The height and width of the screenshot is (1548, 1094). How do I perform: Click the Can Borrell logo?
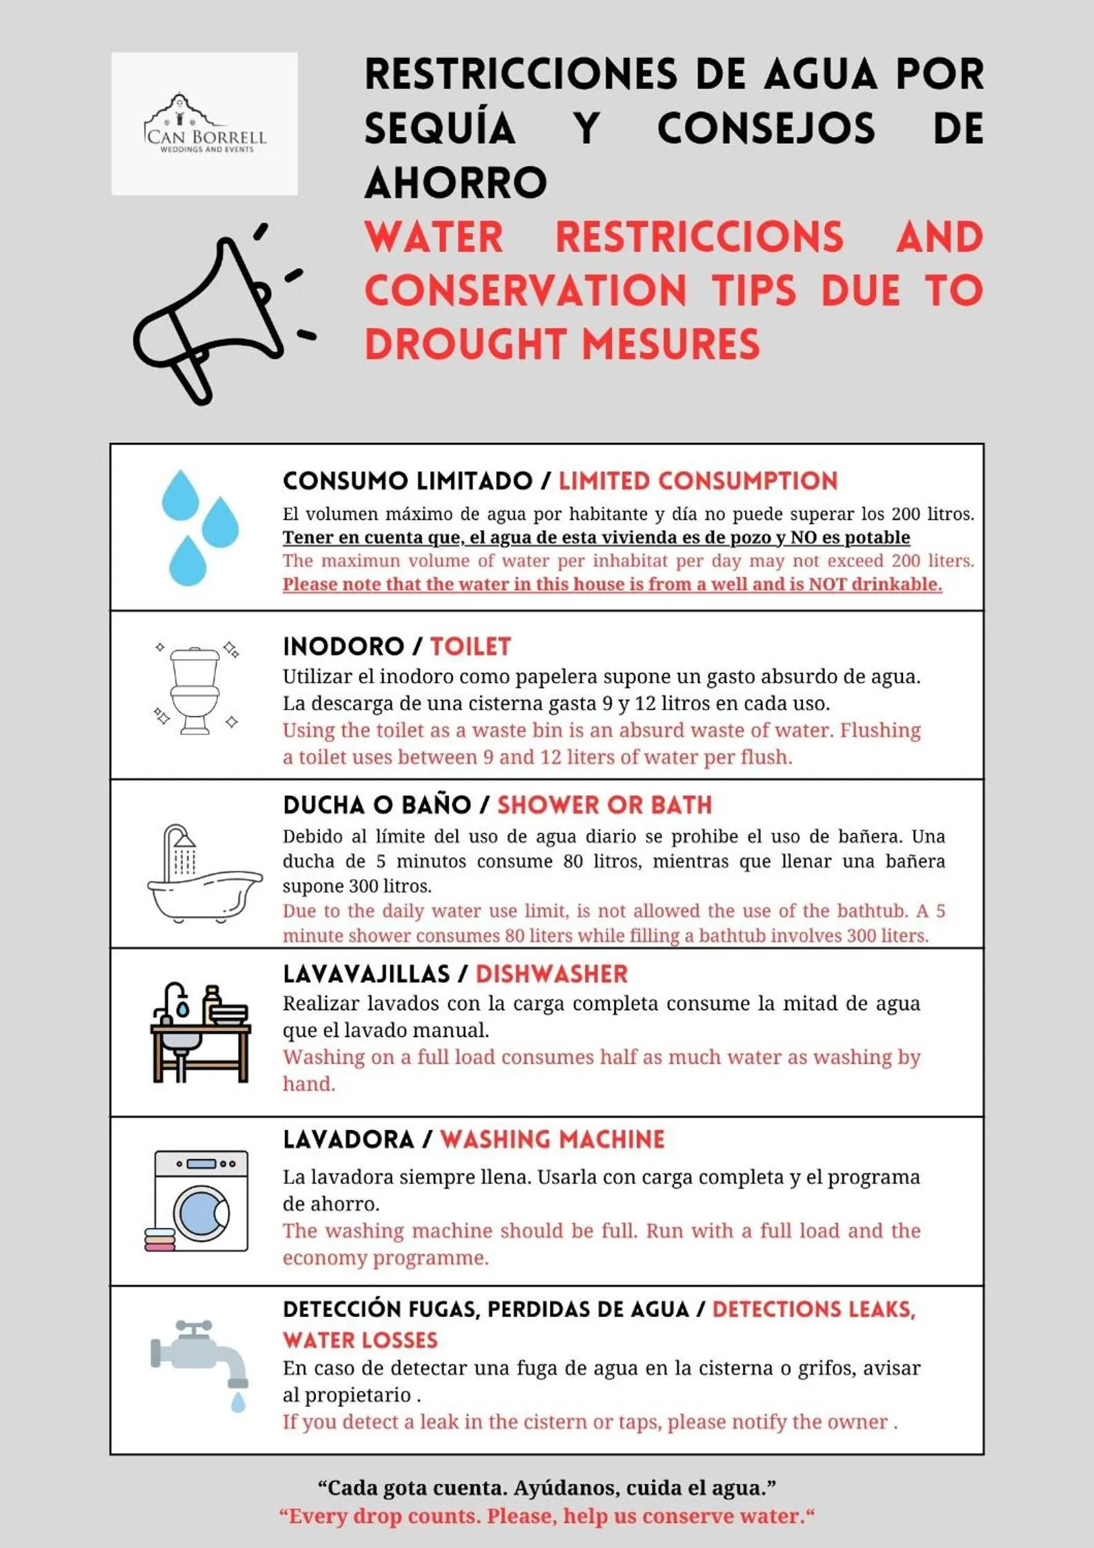(205, 124)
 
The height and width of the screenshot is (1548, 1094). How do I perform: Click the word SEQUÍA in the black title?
(440, 129)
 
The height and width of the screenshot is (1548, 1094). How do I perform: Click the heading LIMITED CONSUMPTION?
(697, 481)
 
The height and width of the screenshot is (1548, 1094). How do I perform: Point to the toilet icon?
(195, 690)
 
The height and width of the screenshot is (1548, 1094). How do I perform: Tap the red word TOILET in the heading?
(470, 647)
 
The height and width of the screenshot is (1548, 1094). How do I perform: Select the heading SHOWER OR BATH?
(604, 805)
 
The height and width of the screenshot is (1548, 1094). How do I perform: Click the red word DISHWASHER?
(551, 974)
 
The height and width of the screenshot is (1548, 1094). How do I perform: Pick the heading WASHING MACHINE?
(552, 1140)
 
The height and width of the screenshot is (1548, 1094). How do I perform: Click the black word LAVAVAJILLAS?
(366, 974)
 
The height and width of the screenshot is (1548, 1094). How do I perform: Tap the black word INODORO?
(344, 647)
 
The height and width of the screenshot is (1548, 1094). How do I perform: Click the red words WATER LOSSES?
(360, 1340)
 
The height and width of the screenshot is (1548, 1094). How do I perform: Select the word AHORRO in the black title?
(456, 183)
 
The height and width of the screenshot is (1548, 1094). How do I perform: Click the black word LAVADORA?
(348, 1140)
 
